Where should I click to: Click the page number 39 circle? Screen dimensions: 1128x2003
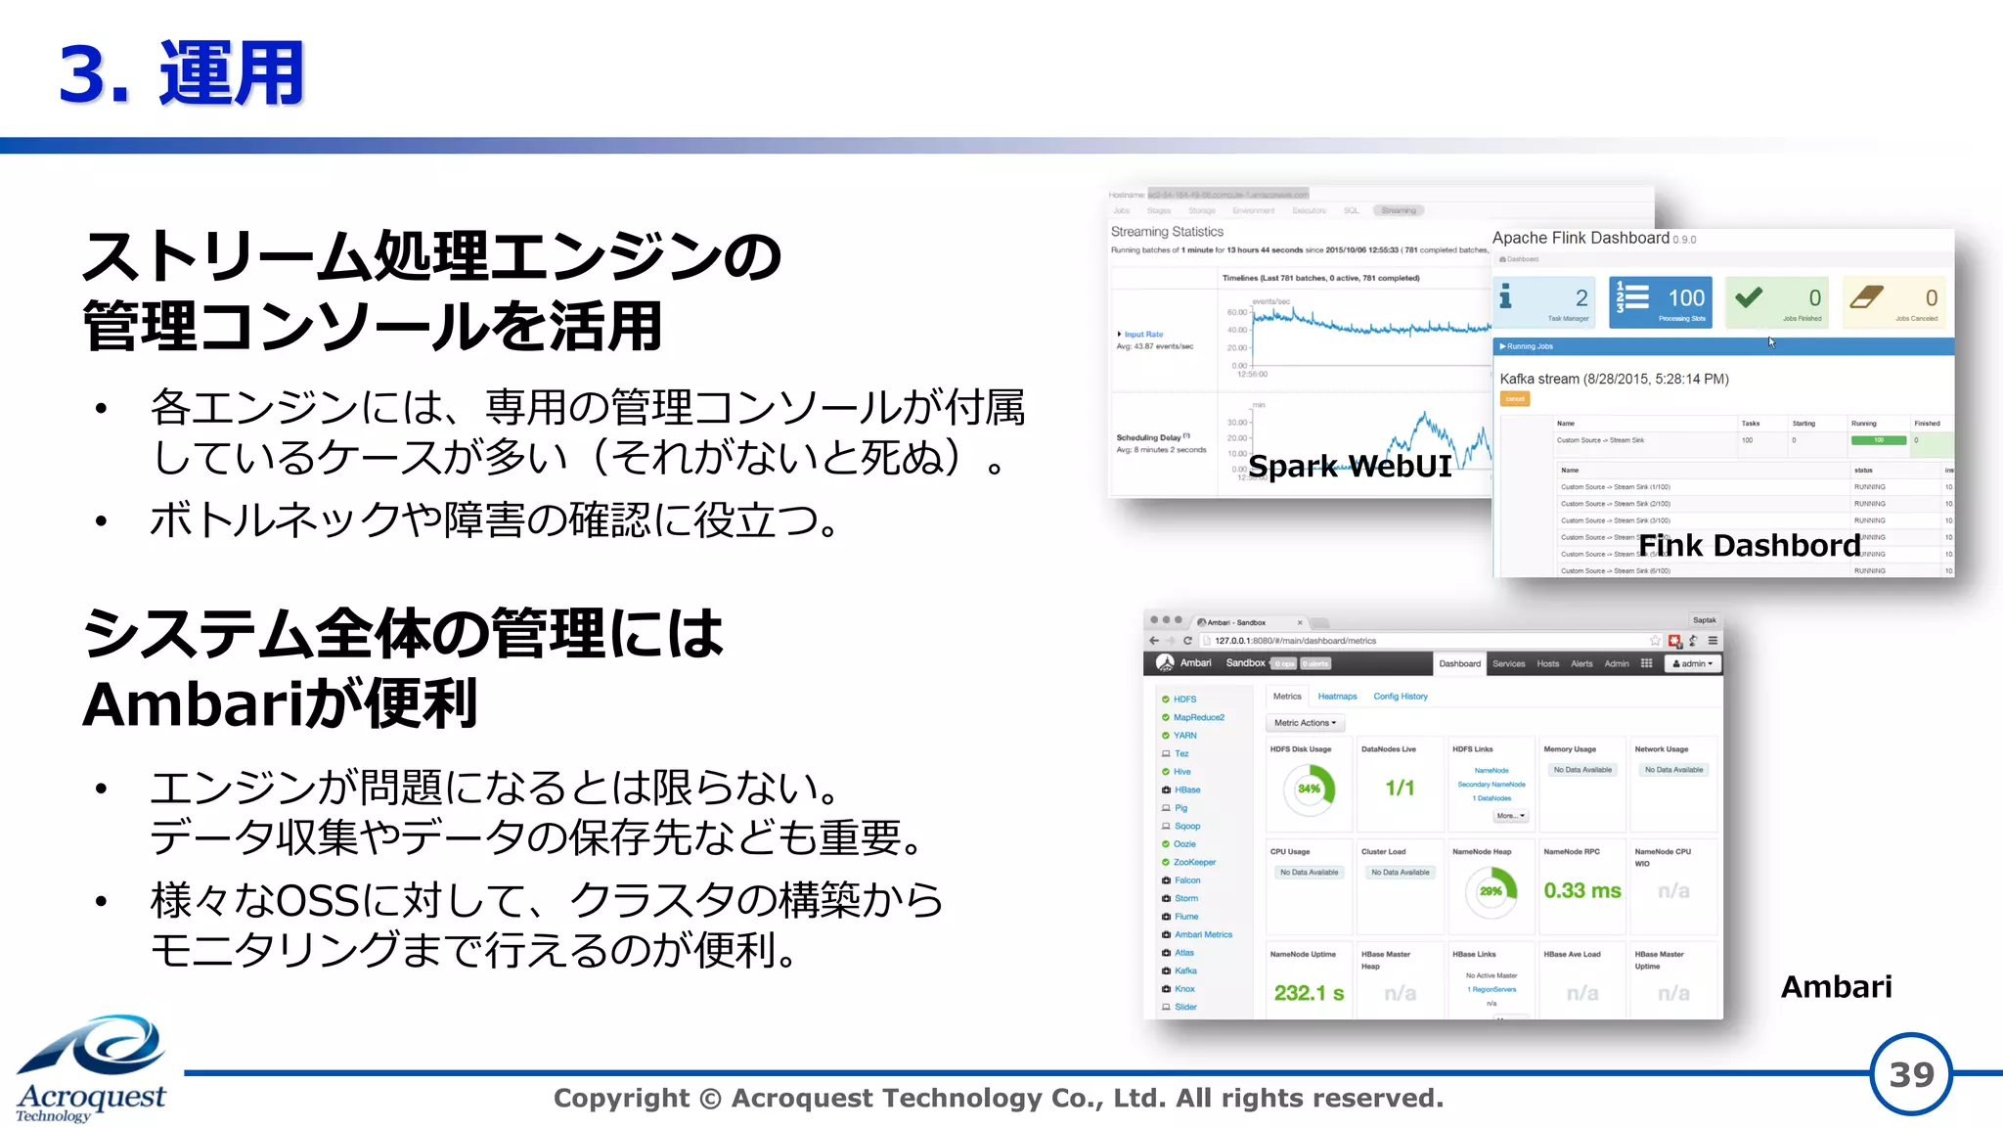(x=1910, y=1074)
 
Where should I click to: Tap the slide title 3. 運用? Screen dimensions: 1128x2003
(x=182, y=74)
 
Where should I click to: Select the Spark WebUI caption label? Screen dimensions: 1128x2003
(x=1350, y=466)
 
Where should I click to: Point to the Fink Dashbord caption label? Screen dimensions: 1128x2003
(x=1749, y=545)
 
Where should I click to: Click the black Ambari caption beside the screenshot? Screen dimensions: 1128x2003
(x=1836, y=986)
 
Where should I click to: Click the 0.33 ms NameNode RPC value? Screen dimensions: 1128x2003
(x=1581, y=890)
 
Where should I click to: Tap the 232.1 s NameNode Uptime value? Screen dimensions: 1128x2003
(x=1309, y=993)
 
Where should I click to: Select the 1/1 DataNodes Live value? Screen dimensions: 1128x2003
(x=1400, y=788)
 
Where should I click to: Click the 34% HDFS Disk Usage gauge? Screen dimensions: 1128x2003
(x=1310, y=789)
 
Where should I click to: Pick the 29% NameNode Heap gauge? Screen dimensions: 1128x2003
(x=1491, y=890)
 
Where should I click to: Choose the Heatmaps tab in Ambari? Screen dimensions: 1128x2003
(x=1337, y=697)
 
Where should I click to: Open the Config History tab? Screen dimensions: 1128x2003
(x=1401, y=697)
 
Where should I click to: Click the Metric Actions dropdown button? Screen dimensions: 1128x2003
(x=1305, y=723)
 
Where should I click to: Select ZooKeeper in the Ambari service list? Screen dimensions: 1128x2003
(x=1194, y=862)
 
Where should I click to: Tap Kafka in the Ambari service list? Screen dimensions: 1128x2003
(x=1185, y=970)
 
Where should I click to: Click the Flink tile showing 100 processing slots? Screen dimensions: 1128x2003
(x=1660, y=301)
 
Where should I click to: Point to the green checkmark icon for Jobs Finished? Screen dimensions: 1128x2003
(x=1749, y=296)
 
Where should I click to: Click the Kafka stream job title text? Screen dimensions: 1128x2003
(x=1614, y=379)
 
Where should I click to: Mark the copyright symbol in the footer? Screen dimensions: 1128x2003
(x=711, y=1099)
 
